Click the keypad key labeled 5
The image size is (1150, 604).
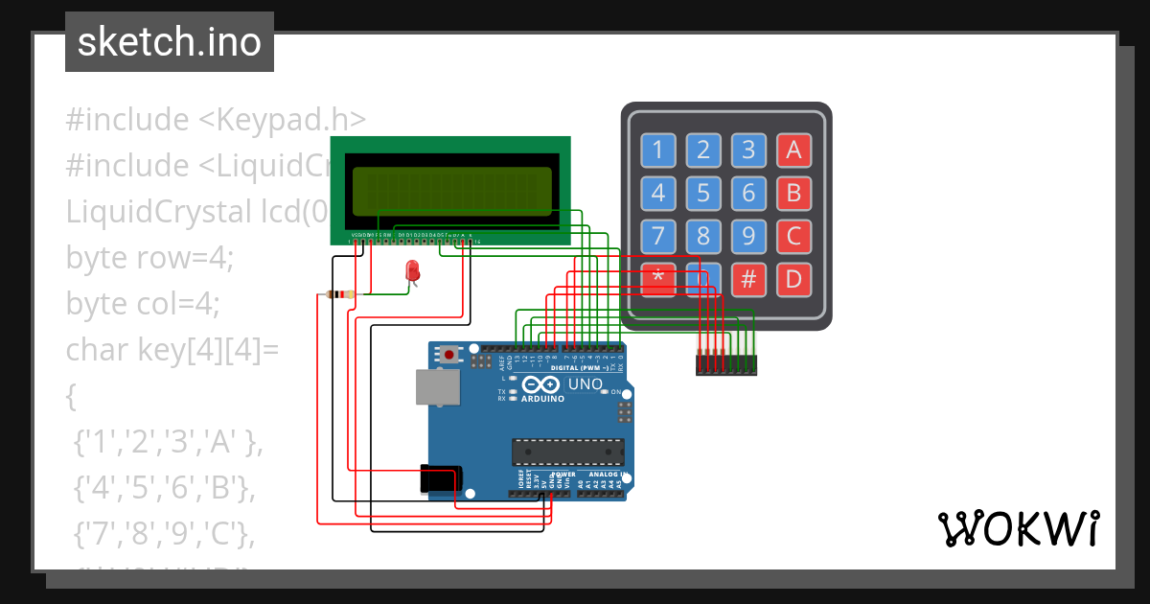click(703, 193)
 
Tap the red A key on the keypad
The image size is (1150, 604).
click(793, 150)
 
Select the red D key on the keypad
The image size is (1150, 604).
click(793, 280)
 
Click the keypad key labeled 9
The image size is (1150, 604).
click(748, 236)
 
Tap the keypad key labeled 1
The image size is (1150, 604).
click(657, 150)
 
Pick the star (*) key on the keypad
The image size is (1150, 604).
click(657, 279)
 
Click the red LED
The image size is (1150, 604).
click(413, 271)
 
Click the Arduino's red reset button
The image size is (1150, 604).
click(449, 355)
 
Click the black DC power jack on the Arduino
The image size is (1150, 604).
click(441, 478)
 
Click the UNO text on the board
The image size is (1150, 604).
click(586, 384)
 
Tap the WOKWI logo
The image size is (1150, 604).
click(1018, 528)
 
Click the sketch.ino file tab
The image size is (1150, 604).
click(170, 42)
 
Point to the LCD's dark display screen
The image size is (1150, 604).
click(451, 191)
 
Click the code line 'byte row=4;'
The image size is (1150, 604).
click(149, 258)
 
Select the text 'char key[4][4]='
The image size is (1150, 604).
click(172, 350)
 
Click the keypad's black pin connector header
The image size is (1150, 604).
click(725, 364)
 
